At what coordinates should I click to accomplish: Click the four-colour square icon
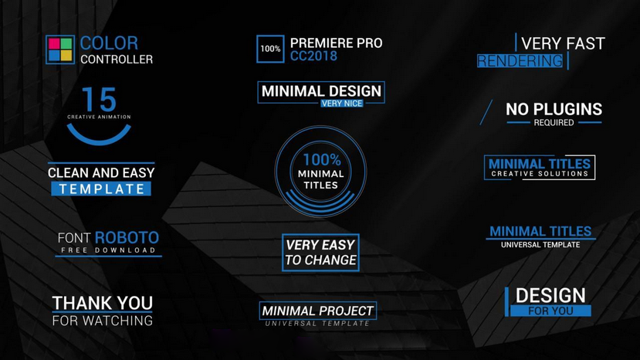[x=60, y=49]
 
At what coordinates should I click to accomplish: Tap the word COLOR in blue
[x=109, y=43]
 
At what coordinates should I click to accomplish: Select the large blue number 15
[x=99, y=100]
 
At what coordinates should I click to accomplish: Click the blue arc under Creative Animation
[x=99, y=138]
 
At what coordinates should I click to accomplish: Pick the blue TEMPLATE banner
[x=101, y=188]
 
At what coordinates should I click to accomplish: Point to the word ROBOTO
[x=127, y=237]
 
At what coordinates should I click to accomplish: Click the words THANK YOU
[x=103, y=303]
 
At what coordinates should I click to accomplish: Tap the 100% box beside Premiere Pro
[x=270, y=49]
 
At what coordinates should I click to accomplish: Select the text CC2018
[x=313, y=56]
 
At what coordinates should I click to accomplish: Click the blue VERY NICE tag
[x=342, y=104]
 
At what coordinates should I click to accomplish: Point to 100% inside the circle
[x=322, y=160]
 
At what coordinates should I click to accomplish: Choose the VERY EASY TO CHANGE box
[x=321, y=253]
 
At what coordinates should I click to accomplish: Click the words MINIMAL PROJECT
[x=317, y=311]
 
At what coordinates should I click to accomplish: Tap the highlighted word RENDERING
[x=520, y=61]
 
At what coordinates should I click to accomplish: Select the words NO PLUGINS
[x=554, y=109]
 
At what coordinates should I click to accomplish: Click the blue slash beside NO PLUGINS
[x=486, y=112]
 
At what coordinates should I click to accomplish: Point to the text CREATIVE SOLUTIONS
[x=540, y=174]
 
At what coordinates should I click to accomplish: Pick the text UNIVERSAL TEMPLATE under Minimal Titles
[x=540, y=245]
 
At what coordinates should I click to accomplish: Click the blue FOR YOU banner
[x=550, y=311]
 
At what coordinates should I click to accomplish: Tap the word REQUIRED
[x=554, y=123]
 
